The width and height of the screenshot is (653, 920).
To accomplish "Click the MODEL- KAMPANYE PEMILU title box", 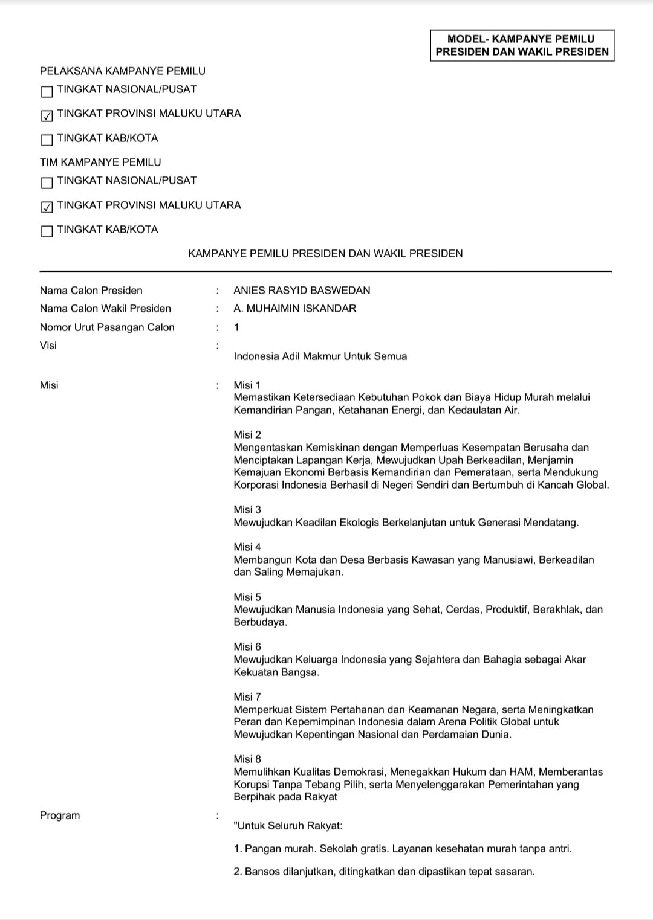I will point(522,45).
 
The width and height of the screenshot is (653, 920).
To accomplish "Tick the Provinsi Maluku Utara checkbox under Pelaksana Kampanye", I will point(47,115).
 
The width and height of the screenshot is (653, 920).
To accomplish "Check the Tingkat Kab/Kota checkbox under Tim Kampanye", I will point(47,231).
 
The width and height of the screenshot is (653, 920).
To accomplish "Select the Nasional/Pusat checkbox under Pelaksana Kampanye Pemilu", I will point(47,91).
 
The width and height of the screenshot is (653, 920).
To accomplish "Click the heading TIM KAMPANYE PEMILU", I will point(100,162).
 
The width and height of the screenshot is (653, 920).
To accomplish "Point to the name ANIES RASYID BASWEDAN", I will point(302,290).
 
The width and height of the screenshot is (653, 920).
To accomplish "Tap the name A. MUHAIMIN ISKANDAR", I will point(294,308).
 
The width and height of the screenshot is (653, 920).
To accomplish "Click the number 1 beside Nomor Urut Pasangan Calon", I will point(236,327).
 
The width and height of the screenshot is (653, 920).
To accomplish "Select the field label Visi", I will point(48,345).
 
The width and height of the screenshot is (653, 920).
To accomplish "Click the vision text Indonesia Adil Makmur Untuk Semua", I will point(320,356).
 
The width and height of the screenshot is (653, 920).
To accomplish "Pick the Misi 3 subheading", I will point(247,509).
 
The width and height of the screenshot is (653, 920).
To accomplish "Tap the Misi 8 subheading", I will point(247,759).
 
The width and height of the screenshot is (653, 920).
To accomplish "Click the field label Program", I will point(60,815).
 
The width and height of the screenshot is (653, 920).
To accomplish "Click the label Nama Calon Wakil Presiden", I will point(105,308).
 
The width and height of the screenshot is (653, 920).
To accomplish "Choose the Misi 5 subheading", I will point(247,597).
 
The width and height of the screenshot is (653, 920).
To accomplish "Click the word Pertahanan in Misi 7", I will point(354,709).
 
